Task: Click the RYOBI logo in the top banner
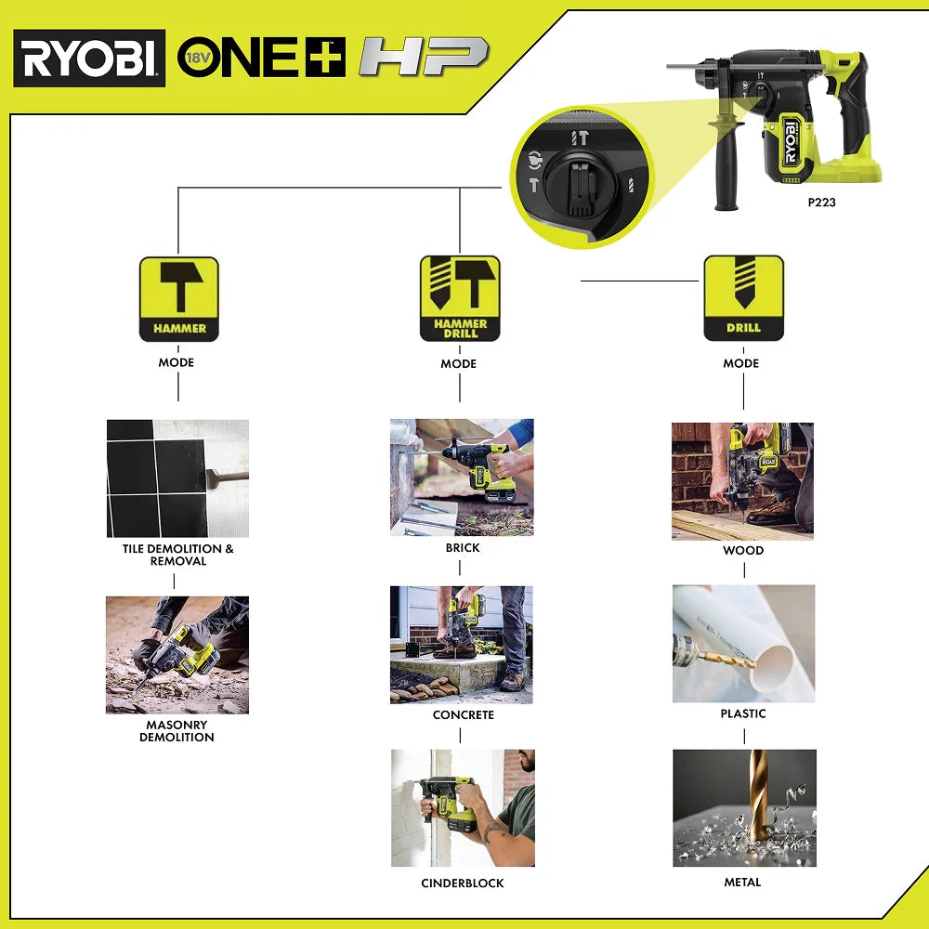tap(89, 58)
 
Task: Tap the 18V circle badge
tap(198, 58)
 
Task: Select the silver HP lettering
tap(425, 57)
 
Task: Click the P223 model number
tap(822, 202)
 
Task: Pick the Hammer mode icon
tap(179, 298)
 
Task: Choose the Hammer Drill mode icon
tap(460, 298)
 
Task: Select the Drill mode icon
tap(743, 298)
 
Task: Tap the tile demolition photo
tap(177, 478)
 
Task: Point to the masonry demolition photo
tap(177, 655)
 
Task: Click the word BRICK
tap(463, 547)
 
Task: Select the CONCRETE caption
tap(464, 714)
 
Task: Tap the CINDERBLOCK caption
tap(463, 883)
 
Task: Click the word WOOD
tap(743, 550)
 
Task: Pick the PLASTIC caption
tap(743, 713)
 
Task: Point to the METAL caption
tap(743, 882)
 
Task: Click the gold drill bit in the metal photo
tap(758, 794)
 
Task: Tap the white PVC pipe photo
tap(743, 644)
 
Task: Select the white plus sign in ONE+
tap(325, 58)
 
